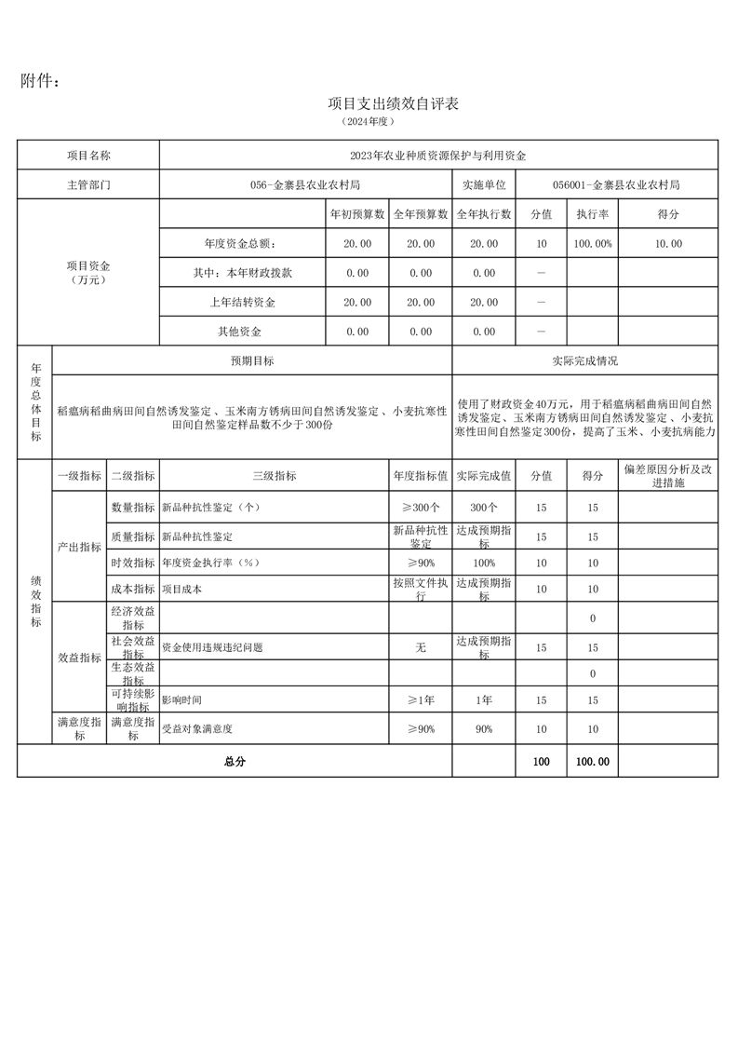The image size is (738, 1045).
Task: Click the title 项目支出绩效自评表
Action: point(394,103)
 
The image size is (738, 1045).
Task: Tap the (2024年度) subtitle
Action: point(369,122)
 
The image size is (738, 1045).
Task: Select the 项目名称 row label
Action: point(88,156)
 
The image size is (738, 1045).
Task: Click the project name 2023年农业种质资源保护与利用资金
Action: point(437,156)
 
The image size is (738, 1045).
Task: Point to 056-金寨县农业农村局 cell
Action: point(305,184)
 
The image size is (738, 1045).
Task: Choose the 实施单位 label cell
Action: point(483,184)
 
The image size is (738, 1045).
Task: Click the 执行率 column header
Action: point(592,214)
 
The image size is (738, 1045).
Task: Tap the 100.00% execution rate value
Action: point(592,244)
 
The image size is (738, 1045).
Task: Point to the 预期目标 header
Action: point(252,360)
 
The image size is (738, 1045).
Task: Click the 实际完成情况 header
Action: point(584,360)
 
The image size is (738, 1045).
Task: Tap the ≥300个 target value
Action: point(421,509)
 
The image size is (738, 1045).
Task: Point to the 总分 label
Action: point(235,761)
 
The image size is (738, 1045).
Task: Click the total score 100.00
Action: point(592,761)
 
